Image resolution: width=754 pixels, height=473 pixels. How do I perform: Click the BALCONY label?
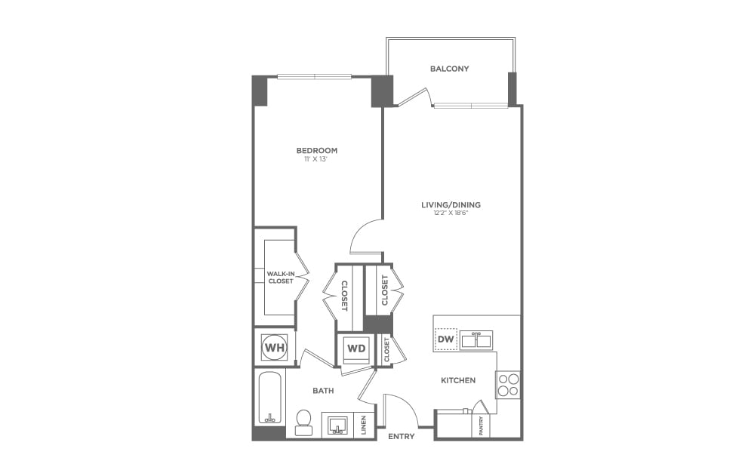(449, 69)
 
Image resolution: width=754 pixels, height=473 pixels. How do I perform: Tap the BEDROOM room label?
(316, 151)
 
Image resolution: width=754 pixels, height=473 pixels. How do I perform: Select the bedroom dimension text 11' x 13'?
(316, 160)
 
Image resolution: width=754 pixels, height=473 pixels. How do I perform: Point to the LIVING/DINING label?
(451, 204)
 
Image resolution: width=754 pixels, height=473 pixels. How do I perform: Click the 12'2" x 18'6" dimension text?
(451, 213)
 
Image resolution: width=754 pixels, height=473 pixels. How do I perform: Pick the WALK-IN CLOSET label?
(280, 277)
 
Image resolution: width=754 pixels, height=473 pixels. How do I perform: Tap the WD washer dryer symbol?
(355, 349)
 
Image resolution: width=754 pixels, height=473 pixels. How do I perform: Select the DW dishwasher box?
(445, 340)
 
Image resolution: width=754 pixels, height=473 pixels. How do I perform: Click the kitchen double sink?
(476, 339)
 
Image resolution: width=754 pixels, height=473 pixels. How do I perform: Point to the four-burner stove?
(508, 385)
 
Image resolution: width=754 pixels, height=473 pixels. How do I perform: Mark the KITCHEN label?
(458, 380)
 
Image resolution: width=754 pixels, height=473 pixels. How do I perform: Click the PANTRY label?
(482, 426)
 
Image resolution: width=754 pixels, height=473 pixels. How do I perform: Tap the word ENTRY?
(401, 436)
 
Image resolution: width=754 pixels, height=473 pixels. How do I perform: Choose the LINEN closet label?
(363, 426)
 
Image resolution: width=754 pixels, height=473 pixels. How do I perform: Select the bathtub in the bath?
(270, 397)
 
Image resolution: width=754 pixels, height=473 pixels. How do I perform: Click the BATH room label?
(323, 391)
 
